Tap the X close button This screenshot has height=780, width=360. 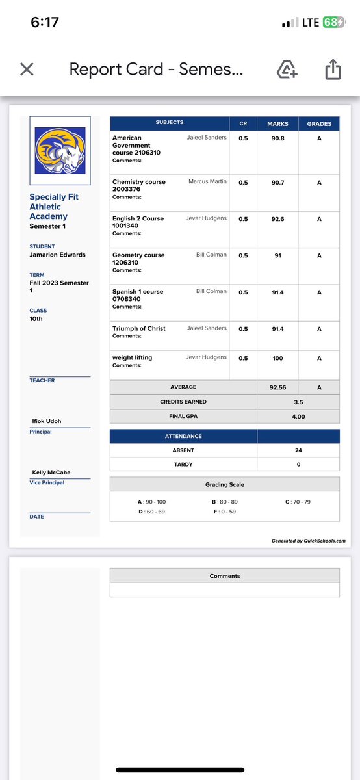coord(27,69)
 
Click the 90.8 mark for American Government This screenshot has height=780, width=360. coord(277,138)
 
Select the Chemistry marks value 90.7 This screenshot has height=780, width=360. coord(277,183)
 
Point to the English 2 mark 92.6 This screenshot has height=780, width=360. coord(277,219)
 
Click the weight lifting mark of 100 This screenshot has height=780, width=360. coord(277,357)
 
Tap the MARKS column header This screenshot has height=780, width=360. coord(277,123)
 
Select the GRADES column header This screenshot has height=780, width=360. coord(319,123)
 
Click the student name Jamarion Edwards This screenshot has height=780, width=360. coord(57,254)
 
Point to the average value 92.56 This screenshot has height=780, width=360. coord(277,387)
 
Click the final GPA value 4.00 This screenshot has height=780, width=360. coord(298,417)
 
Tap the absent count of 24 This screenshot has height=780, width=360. coord(298,450)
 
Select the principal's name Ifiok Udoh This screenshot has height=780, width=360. coord(47,422)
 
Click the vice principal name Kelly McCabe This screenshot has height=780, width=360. coord(51,473)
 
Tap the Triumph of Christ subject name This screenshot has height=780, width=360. coord(138,329)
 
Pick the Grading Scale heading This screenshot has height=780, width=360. coord(224,484)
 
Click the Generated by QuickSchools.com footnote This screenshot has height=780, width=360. coord(308,541)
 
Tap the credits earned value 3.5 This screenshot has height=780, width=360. coord(298,402)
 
